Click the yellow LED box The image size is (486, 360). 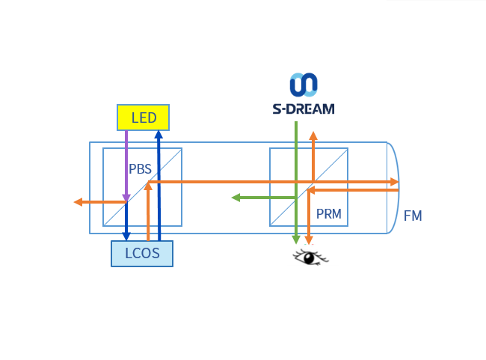(x=143, y=118)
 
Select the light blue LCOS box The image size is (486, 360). (x=142, y=253)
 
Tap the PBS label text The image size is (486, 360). (x=140, y=169)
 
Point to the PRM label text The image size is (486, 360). (x=328, y=214)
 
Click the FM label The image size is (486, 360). (x=413, y=216)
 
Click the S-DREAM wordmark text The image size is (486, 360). (x=303, y=109)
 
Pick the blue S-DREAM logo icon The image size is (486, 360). (x=304, y=85)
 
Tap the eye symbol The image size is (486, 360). (x=310, y=258)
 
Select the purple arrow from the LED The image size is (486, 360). (x=126, y=165)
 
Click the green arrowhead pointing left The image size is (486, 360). (x=236, y=198)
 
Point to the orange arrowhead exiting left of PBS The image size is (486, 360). (x=78, y=201)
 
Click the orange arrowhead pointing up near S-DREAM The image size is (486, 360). (x=313, y=136)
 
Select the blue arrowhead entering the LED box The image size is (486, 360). (x=159, y=135)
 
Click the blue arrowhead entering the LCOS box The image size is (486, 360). (x=126, y=236)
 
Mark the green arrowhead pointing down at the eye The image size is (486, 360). (x=296, y=240)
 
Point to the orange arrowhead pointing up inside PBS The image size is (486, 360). (x=148, y=187)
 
